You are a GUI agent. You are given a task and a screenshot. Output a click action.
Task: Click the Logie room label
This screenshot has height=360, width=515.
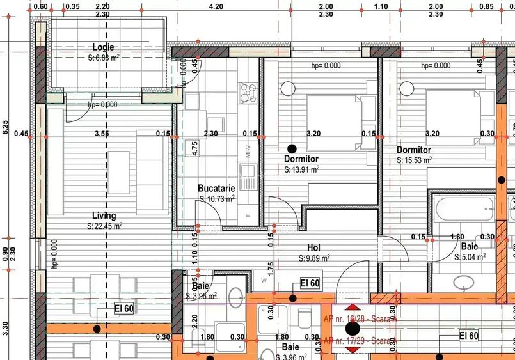tap(103, 47)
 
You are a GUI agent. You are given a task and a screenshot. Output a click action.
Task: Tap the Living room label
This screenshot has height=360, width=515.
tap(104, 216)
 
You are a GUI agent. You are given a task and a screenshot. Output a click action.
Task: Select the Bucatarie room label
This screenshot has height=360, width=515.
tap(216, 189)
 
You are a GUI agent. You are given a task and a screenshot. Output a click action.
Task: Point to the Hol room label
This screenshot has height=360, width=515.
tap(313, 248)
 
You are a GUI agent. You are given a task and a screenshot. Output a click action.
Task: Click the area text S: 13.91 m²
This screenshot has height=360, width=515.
tap(302, 169)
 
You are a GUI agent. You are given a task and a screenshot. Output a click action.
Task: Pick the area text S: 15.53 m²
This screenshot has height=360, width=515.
tap(414, 160)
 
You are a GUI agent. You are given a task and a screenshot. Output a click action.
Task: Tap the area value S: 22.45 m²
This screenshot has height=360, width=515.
tap(104, 226)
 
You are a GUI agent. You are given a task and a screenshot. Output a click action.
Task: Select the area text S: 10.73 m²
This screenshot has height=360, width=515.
tap(217, 199)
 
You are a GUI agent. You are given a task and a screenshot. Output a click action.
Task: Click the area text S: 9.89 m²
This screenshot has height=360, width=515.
tap(314, 258)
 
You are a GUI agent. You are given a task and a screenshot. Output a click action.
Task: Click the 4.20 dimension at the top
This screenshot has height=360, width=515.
tap(216, 7)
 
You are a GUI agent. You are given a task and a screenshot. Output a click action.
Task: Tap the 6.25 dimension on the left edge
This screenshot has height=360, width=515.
tap(6, 127)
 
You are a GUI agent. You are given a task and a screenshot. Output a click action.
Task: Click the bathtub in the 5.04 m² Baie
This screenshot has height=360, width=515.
tap(463, 207)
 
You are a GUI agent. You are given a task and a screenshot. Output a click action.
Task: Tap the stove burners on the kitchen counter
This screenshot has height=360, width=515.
tap(246, 93)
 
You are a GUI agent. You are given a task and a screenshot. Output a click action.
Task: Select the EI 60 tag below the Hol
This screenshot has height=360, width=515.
tap(310, 283)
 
